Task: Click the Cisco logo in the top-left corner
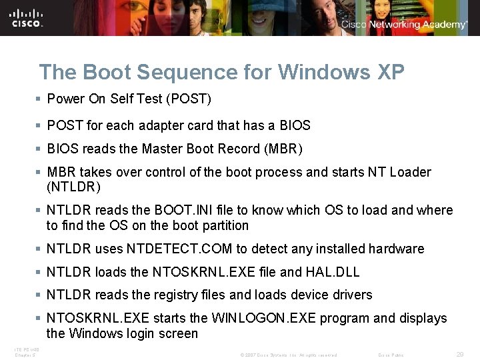point(27,18)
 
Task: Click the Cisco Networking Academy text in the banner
point(404,25)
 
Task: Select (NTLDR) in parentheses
point(73,186)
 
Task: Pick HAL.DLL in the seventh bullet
point(340,272)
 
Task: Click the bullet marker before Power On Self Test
point(39,99)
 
